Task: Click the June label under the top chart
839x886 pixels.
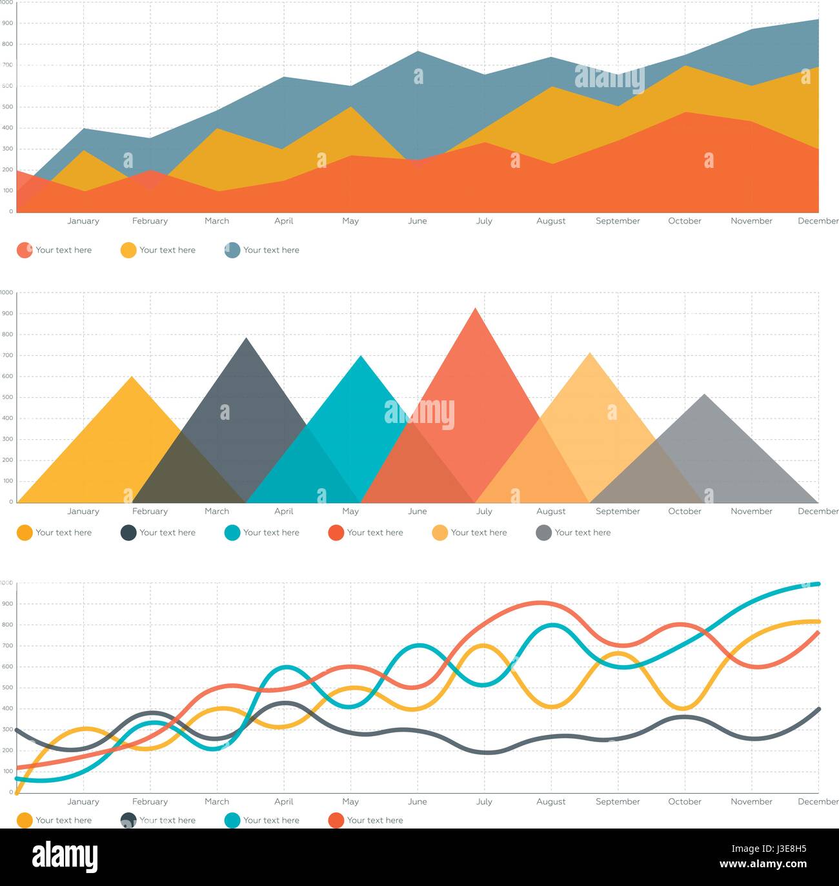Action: (417, 221)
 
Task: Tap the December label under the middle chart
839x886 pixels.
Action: (818, 511)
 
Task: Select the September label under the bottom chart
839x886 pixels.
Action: (618, 801)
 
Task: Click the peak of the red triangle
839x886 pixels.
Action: (476, 309)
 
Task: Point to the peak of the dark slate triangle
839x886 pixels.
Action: (246, 338)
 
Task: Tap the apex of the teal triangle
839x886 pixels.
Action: (361, 356)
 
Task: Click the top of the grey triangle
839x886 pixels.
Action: (704, 395)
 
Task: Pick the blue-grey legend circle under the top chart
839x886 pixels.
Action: (232, 250)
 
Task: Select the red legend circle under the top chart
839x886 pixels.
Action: (25, 250)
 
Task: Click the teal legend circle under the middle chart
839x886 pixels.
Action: (232, 533)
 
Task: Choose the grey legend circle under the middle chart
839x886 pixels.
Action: (543, 533)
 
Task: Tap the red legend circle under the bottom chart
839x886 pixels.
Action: (336, 820)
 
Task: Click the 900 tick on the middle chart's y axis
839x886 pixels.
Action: (7, 313)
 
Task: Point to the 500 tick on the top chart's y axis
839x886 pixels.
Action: (7, 107)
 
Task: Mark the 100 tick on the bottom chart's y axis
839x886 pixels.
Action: (7, 771)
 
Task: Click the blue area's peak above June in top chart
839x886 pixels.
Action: (418, 51)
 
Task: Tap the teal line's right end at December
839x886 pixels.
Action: (818, 584)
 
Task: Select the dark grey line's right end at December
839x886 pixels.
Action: (818, 709)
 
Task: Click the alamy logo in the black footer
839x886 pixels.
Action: (65, 857)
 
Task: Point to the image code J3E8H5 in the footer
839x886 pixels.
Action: (783, 849)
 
